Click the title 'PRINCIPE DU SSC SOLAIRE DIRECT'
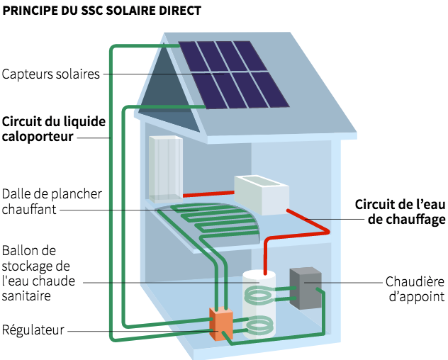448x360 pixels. coord(102,11)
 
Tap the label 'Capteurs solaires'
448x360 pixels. coord(50,74)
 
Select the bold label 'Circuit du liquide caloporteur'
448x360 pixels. coord(54,128)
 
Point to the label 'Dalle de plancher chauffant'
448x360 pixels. coord(52,201)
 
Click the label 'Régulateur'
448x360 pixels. coord(34,330)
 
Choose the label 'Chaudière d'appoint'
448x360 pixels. coord(415,289)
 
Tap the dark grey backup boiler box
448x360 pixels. coord(306,288)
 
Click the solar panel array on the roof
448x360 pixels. coord(234,74)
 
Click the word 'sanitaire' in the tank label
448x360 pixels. coord(26,296)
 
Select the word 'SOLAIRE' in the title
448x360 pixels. coord(128,11)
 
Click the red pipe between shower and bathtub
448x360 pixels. coord(208,193)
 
